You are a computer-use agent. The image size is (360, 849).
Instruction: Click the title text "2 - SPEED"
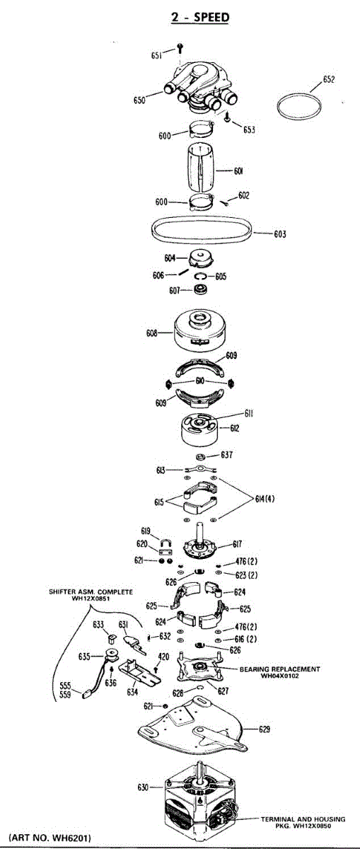coord(200,17)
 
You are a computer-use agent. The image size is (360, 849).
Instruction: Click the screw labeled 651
coord(180,48)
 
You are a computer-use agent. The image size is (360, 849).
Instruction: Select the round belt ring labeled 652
coord(299,107)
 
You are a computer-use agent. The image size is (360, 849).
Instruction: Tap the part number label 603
coord(280,234)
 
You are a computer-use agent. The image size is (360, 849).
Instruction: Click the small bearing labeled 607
coord(200,289)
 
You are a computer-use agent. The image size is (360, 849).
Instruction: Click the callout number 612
coord(235,428)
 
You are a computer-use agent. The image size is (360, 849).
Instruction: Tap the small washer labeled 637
coord(201,456)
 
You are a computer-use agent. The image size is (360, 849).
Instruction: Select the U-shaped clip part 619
coord(167,543)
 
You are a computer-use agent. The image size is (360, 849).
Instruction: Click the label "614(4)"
coord(265,498)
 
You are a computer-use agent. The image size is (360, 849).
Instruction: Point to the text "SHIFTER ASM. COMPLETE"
coord(91,591)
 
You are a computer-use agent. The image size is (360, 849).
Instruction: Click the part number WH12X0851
coord(91,599)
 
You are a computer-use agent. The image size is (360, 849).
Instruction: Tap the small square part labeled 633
coord(112,639)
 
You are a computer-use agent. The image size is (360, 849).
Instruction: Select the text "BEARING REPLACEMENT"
coord(279,669)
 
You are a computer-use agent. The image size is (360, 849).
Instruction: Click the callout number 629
coord(265,729)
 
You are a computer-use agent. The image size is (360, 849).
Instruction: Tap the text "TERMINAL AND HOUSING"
coord(303,819)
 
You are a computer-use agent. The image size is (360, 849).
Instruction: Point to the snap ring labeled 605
coord(202,277)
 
